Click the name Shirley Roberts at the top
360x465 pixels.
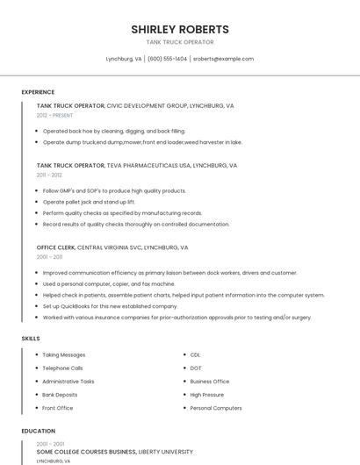click(180, 29)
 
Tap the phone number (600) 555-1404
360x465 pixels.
click(167, 59)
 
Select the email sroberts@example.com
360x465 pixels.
click(223, 59)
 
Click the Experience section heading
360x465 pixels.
click(38, 92)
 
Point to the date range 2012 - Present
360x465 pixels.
click(55, 115)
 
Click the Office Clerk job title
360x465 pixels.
click(56, 247)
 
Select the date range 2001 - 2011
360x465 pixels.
click(49, 257)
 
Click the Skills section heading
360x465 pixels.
click(31, 338)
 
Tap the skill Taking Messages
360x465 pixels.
click(64, 354)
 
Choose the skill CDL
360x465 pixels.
click(196, 354)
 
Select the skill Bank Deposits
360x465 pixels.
click(60, 395)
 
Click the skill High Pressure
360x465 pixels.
click(207, 395)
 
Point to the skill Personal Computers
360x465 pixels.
click(216, 408)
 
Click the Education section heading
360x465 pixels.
click(38, 431)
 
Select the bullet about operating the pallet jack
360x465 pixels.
click(89, 202)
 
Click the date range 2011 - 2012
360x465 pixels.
click(49, 175)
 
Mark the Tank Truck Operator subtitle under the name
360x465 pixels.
click(180, 42)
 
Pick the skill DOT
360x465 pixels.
click(196, 368)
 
